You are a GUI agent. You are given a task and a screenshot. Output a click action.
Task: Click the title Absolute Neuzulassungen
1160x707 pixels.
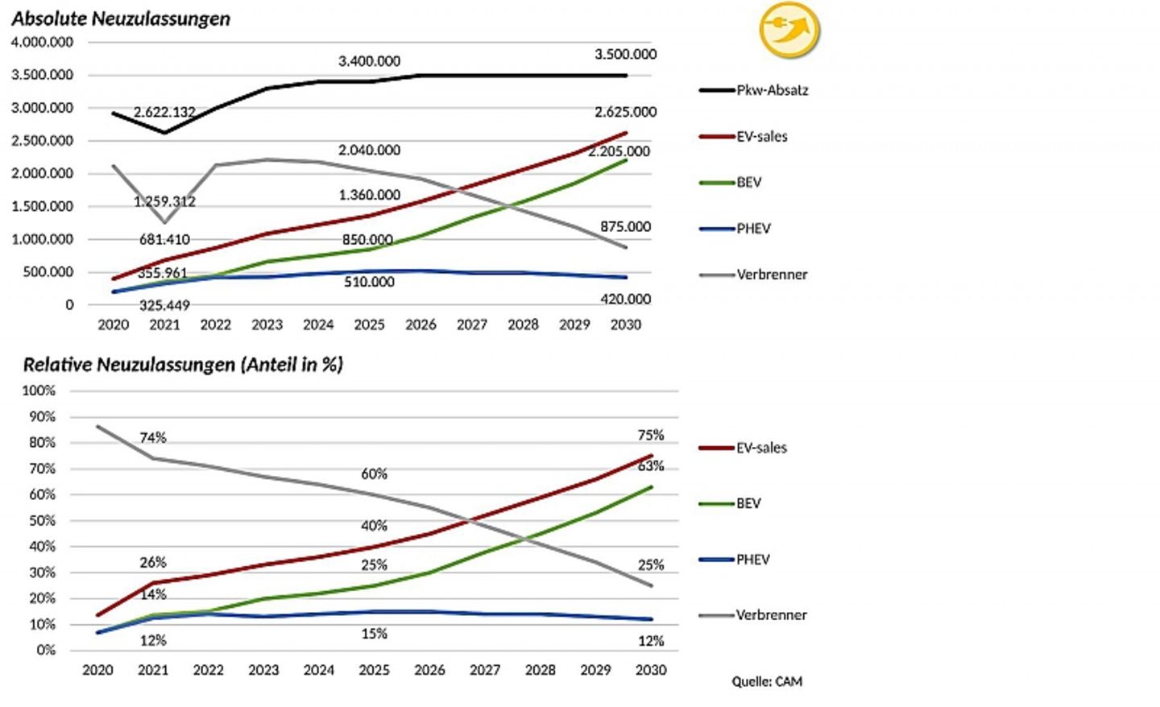point(121,19)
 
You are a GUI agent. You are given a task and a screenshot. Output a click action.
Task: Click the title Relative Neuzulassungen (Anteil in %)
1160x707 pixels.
point(183,364)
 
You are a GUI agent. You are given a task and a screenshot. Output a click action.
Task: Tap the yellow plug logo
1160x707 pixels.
point(789,31)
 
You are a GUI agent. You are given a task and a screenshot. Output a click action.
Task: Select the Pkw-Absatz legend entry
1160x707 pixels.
point(771,90)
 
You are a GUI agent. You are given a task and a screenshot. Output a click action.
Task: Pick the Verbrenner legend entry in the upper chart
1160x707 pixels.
point(771,275)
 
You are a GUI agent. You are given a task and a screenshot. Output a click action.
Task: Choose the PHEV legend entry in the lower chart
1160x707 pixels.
point(752,559)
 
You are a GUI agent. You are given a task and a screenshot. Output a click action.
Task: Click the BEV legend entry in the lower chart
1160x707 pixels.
point(748,503)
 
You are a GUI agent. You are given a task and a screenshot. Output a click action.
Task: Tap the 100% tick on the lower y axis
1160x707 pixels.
point(39,391)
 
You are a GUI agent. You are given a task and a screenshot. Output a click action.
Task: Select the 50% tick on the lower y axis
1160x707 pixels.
point(42,520)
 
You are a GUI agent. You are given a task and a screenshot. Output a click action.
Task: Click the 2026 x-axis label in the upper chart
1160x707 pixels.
point(420,325)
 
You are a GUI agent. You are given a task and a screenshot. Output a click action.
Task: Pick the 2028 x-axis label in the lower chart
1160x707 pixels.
point(540,670)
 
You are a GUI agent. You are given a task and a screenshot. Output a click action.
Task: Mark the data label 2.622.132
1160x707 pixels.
point(164,112)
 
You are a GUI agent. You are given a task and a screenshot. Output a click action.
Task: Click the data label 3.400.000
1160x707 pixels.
point(369,61)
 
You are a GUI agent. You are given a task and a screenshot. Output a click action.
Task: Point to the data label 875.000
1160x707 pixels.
point(625,226)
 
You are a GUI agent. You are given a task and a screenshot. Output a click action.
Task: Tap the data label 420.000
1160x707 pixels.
point(625,299)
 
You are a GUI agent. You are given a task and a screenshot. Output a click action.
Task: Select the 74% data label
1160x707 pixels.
point(153,437)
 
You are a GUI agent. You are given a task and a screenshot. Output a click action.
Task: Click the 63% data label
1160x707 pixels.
point(651,465)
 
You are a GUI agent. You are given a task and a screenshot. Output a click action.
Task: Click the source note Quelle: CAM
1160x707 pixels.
point(767,681)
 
